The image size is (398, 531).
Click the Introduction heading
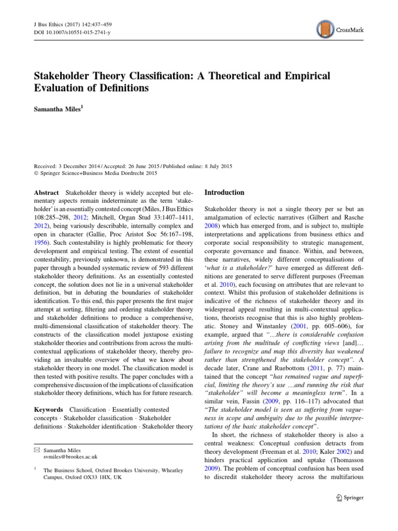click(x=224, y=192)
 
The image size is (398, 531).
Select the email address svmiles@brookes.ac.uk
click(x=70, y=456)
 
